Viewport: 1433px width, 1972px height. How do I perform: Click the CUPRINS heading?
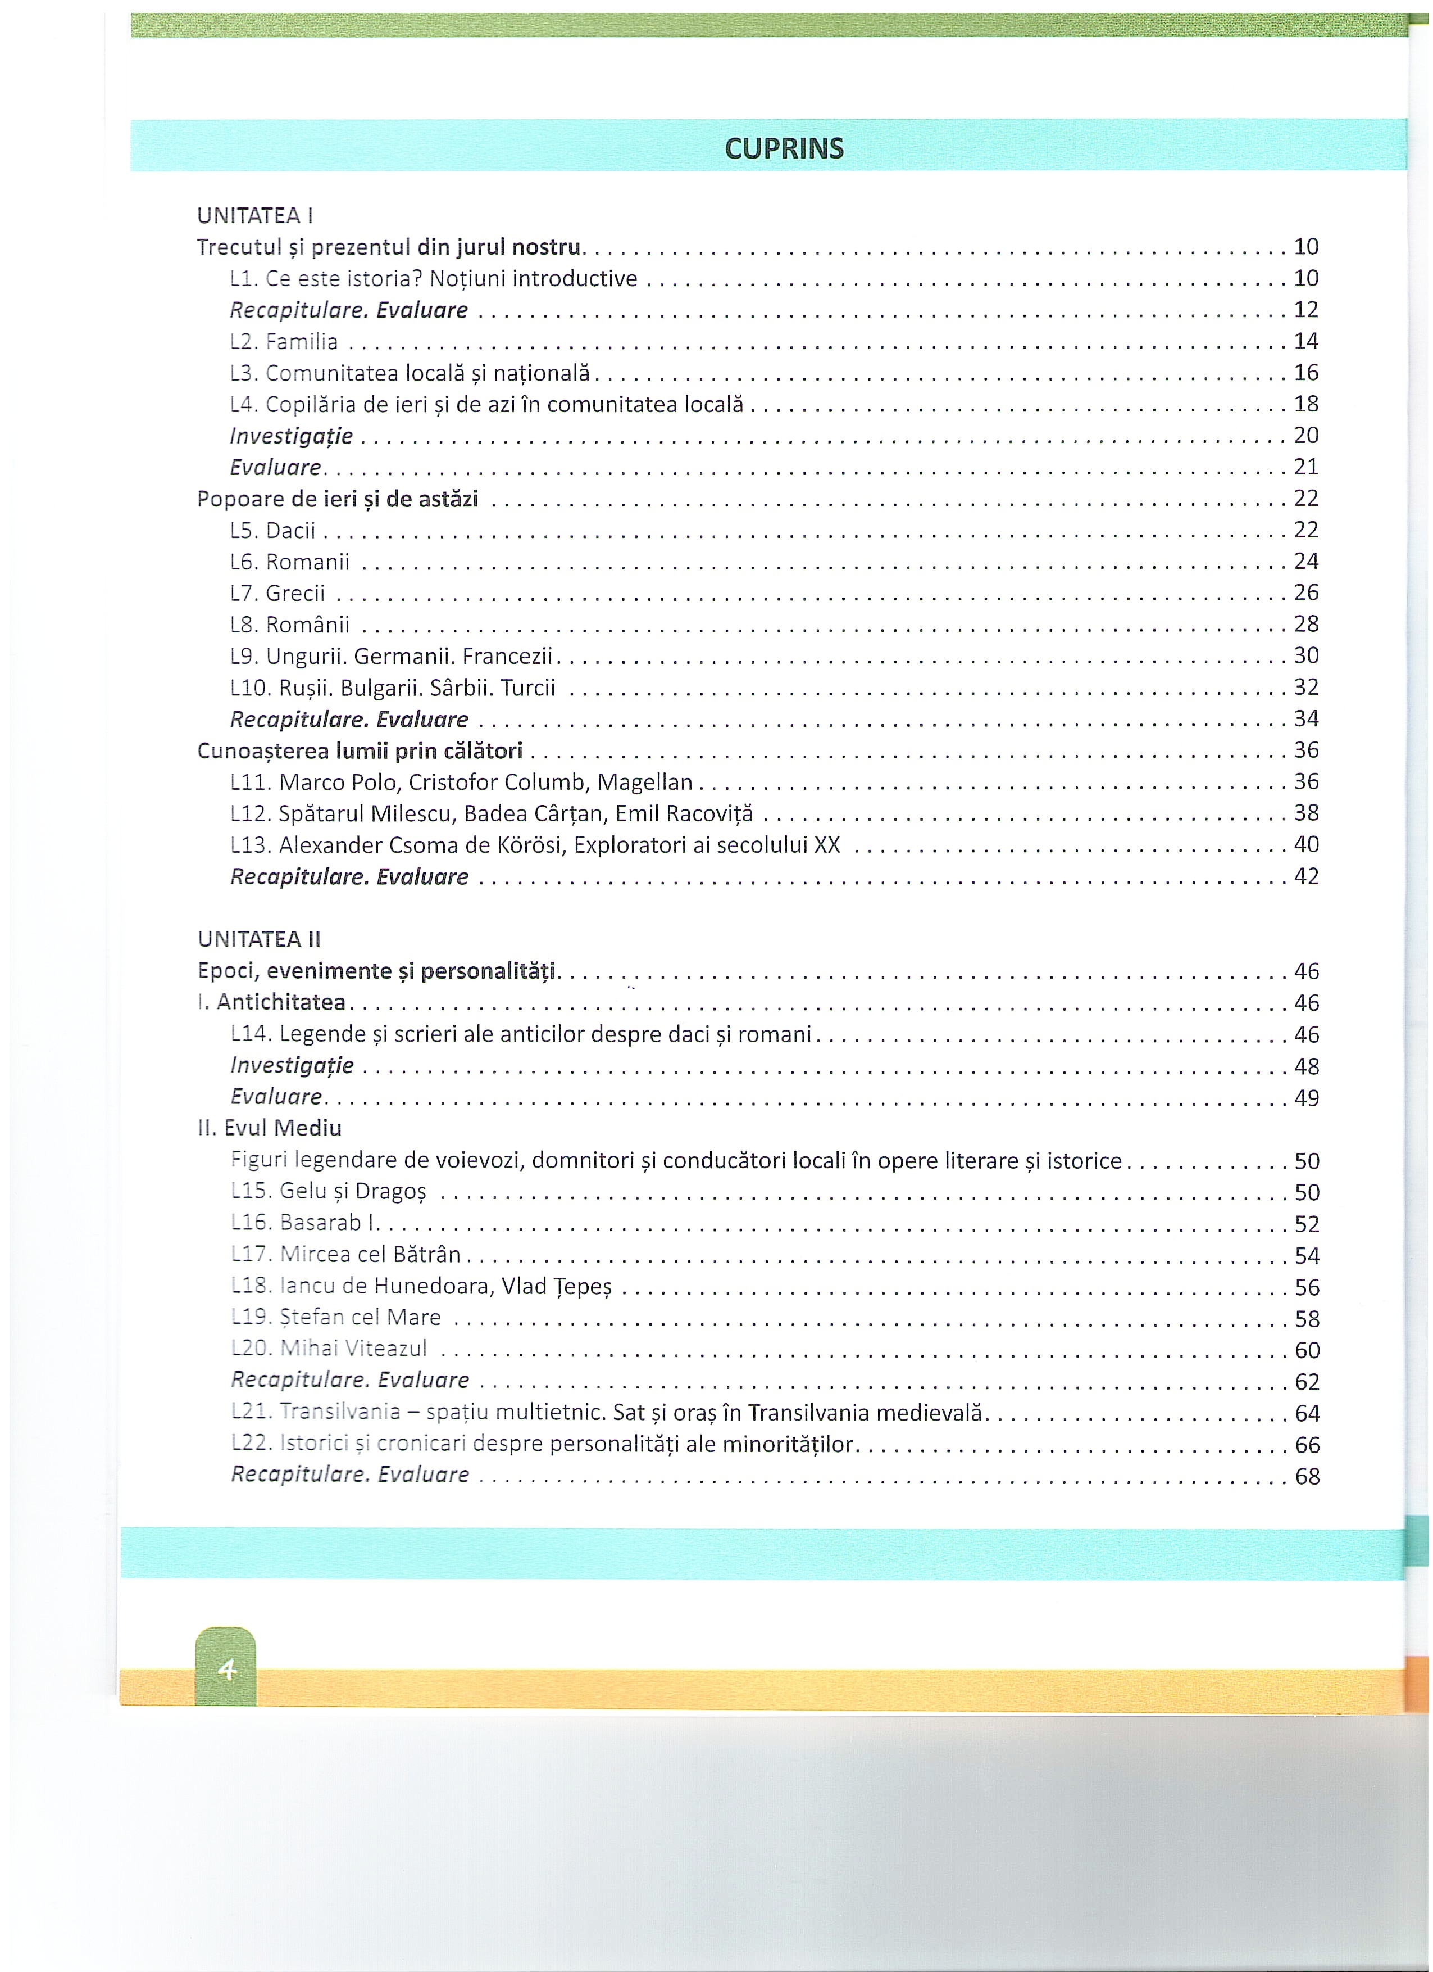tap(783, 148)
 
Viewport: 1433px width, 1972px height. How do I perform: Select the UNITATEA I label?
tap(254, 215)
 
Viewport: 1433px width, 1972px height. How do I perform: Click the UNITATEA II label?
tap(259, 939)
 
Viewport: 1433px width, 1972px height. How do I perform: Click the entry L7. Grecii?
tap(277, 593)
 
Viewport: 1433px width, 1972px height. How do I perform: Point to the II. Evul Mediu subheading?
tap(270, 1129)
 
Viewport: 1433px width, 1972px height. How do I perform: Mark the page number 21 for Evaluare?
tap(1305, 467)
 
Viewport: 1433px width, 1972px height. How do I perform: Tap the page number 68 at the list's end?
tap(1307, 1476)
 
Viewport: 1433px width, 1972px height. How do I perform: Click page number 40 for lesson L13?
tap(1306, 844)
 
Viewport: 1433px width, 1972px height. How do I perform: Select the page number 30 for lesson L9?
tap(1306, 655)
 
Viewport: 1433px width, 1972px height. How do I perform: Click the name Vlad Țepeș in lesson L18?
tap(556, 1286)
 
